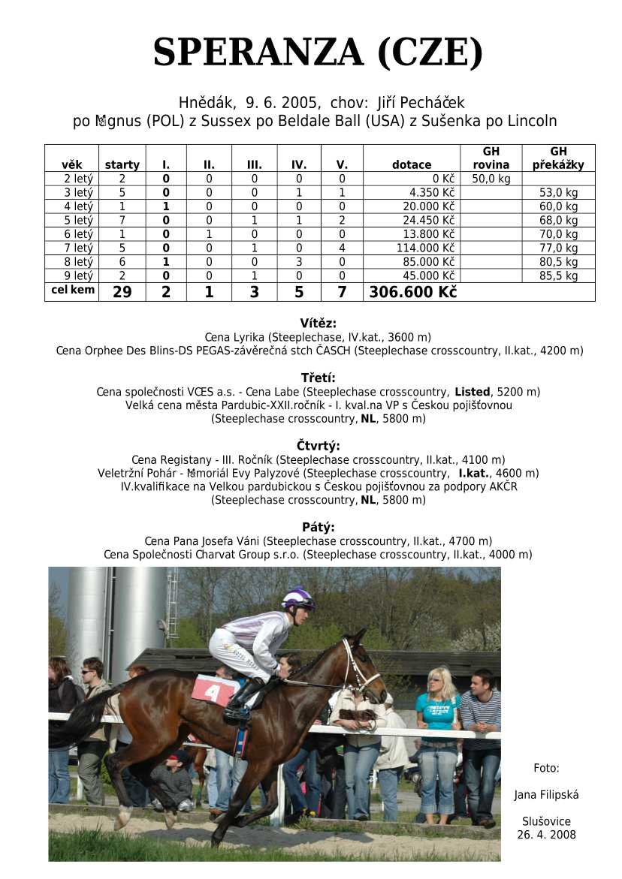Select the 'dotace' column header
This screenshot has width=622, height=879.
tap(412, 165)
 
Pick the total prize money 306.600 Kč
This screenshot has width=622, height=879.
tap(412, 292)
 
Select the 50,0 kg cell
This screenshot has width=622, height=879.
tap(491, 179)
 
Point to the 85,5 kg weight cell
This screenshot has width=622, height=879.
tap(559, 275)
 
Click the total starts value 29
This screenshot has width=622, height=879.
tap(122, 292)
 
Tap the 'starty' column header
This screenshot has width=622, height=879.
tap(122, 165)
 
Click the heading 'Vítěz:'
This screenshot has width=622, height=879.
tap(318, 324)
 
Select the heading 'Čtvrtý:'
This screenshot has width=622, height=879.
tap(318, 446)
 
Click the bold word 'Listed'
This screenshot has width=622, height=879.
tap(473, 392)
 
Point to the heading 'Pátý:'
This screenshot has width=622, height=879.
tap(318, 527)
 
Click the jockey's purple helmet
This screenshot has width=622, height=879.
tap(297, 598)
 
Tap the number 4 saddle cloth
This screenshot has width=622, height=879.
tap(213, 690)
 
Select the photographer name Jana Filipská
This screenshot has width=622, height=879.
tap(546, 794)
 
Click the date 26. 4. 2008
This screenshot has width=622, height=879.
tap(546, 835)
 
